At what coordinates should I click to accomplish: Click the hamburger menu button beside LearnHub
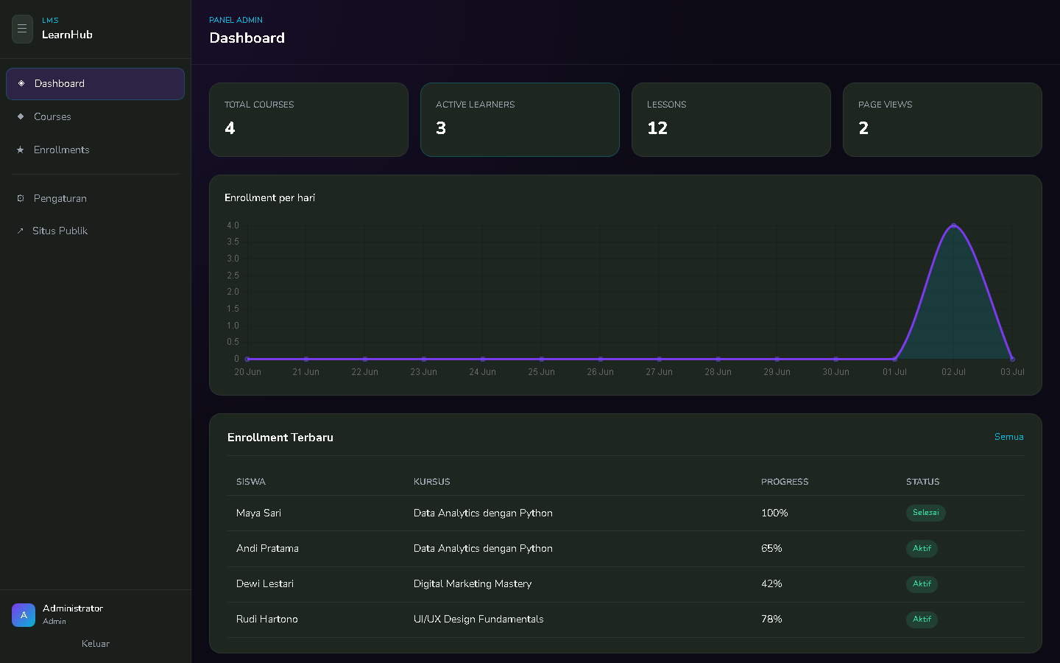tap(22, 29)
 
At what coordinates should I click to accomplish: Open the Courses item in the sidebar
tap(52, 116)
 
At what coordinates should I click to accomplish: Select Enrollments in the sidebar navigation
tap(62, 150)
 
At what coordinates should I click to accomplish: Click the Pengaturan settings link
tap(60, 198)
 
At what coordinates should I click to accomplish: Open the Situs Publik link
tap(60, 231)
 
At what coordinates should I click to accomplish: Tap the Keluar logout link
tap(96, 644)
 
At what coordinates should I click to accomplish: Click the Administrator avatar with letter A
tap(24, 614)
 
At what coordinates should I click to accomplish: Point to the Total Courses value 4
tap(230, 128)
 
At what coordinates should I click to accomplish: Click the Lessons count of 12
tap(657, 128)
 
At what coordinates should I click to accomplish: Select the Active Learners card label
tap(475, 105)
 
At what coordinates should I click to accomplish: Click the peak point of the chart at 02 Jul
tap(953, 225)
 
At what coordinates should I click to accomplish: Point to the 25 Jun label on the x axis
tap(541, 372)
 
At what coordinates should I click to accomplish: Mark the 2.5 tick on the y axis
tap(233, 276)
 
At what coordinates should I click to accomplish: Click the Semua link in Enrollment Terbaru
tap(1009, 437)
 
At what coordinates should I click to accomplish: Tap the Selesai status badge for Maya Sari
tap(925, 513)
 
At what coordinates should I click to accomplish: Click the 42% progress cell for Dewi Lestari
tap(771, 583)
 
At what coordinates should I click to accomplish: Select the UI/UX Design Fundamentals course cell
tap(478, 619)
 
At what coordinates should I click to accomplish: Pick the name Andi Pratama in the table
tap(267, 548)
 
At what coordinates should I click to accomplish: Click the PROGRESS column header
tap(785, 482)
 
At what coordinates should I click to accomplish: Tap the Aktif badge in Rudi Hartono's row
tap(922, 619)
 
